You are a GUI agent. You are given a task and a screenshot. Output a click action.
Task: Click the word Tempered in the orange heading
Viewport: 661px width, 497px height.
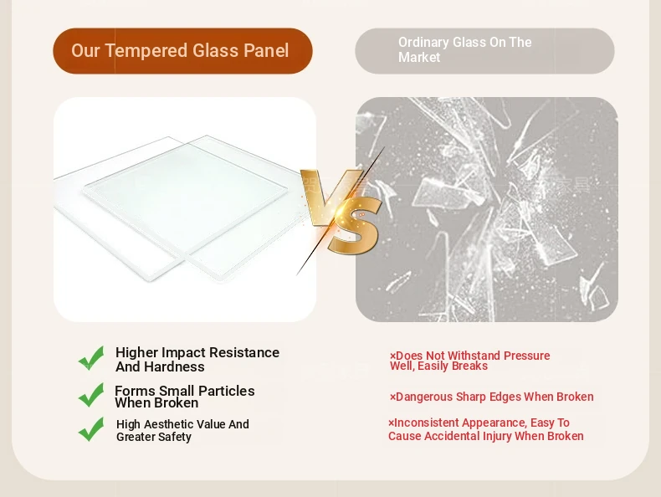(x=146, y=51)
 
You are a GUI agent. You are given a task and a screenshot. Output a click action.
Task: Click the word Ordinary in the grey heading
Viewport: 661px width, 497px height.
(x=423, y=43)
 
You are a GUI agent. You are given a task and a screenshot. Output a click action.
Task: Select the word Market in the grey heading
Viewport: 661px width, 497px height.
(x=419, y=57)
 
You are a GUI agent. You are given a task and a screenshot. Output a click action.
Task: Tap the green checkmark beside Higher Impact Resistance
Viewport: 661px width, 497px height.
(x=91, y=358)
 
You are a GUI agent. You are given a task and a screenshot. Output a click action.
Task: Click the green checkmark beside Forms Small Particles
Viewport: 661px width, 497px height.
(x=91, y=395)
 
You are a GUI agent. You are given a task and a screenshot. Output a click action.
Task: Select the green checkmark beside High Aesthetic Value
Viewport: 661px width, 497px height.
(x=91, y=429)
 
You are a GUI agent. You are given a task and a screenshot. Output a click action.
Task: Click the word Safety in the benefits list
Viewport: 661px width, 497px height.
(x=175, y=437)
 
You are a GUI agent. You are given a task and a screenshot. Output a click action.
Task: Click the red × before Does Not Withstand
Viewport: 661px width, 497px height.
(x=393, y=356)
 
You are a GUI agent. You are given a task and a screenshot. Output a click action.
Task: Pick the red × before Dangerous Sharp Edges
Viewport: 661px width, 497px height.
(x=393, y=397)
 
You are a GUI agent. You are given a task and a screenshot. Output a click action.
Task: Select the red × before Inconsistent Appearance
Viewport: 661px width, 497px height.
(x=392, y=423)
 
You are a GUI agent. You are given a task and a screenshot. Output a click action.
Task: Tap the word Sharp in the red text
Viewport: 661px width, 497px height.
(x=471, y=397)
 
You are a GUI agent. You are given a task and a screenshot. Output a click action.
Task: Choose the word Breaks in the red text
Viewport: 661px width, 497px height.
(x=470, y=366)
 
